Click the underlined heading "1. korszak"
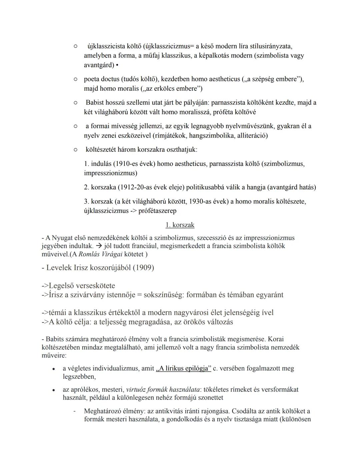(180, 225)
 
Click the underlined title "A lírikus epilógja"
(184, 369)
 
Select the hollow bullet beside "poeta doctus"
(76, 79)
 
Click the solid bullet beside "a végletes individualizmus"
(53, 369)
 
